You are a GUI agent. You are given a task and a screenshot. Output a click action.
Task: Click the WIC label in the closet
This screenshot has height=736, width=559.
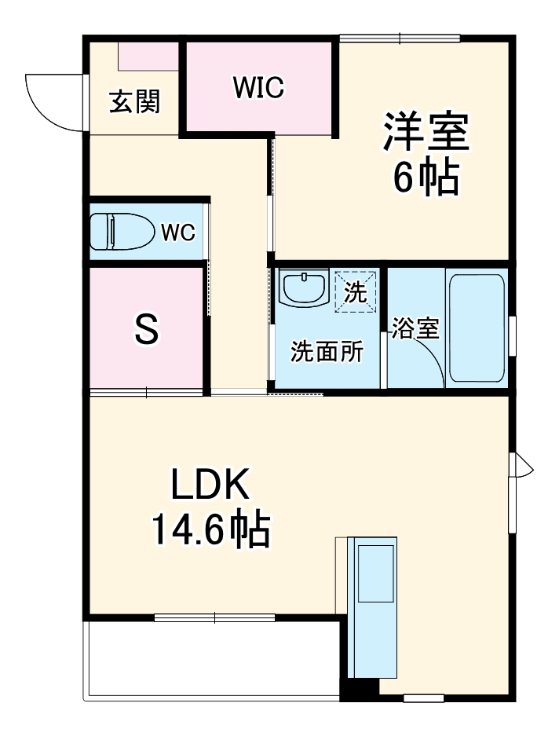tap(258, 88)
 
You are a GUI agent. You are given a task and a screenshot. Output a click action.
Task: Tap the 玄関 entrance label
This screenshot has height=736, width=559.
tap(134, 102)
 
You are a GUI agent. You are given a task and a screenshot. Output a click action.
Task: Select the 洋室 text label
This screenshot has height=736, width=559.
tap(426, 132)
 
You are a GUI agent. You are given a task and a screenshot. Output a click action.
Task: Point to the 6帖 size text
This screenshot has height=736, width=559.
tap(426, 179)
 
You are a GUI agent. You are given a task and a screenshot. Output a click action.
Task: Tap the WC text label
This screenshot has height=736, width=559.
tap(177, 233)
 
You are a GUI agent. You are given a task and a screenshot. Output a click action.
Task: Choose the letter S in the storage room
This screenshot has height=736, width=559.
tap(146, 330)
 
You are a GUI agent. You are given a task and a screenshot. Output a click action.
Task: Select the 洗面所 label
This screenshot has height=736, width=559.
tap(327, 351)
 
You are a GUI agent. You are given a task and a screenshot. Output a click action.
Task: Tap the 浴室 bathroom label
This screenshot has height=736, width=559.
tap(415, 328)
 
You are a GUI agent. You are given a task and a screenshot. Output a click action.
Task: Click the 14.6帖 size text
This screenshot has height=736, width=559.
tap(210, 531)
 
